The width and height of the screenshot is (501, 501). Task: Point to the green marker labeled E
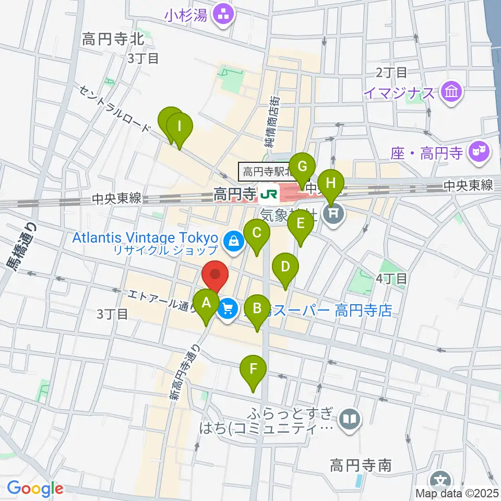[x=301, y=223]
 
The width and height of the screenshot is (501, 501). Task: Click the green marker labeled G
[x=302, y=167]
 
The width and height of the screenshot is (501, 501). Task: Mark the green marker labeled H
[x=330, y=184]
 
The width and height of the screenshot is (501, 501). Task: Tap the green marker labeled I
[x=180, y=127]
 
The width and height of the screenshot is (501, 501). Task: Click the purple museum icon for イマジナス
[x=449, y=93]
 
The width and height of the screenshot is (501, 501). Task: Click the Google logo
[x=35, y=488]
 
